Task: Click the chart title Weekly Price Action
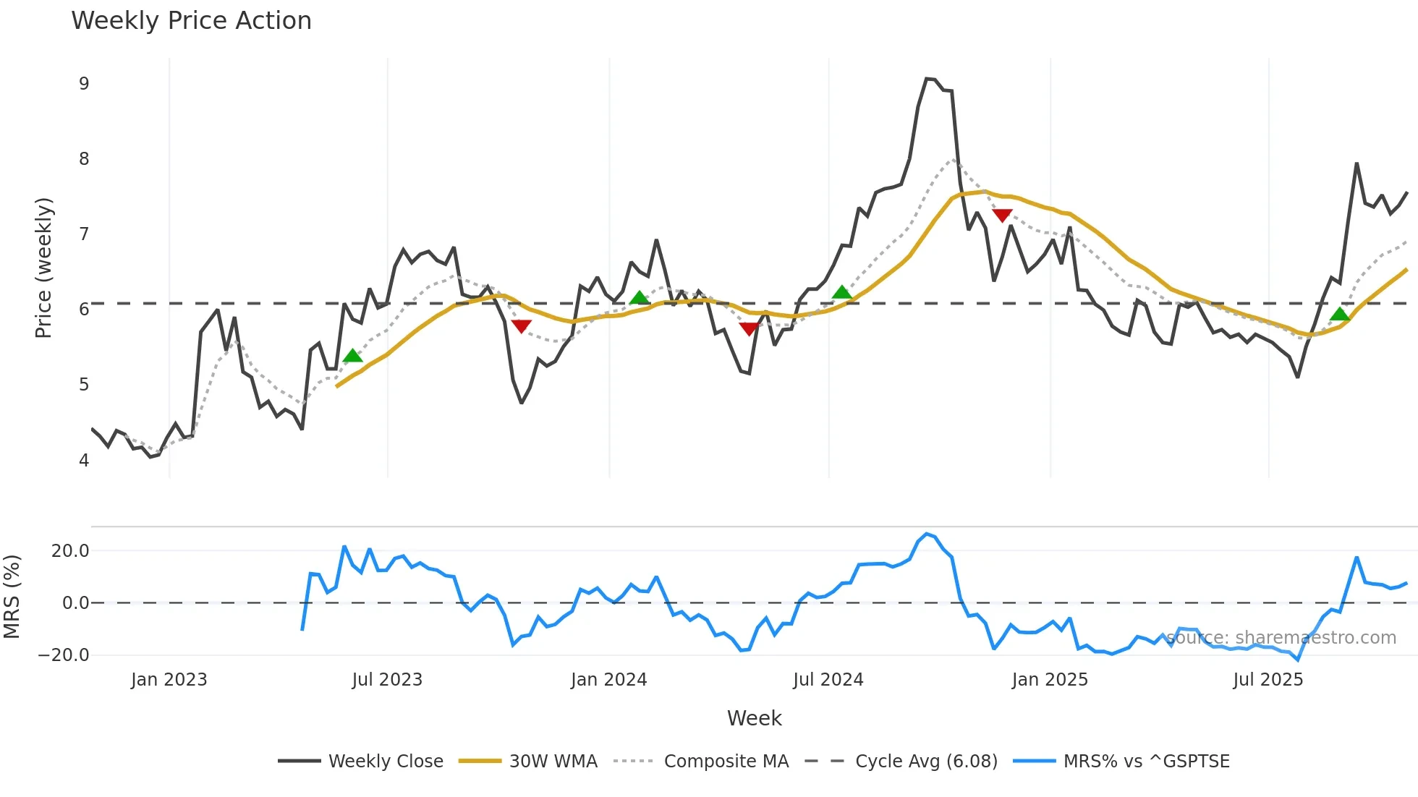pyautogui.click(x=191, y=21)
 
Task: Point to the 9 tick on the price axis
pyautogui.click(x=84, y=84)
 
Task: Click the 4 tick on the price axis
pyautogui.click(x=84, y=461)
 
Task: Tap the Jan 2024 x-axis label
pyautogui.click(x=608, y=680)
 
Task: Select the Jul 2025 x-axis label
pyautogui.click(x=1268, y=680)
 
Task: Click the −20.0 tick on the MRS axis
pyautogui.click(x=64, y=655)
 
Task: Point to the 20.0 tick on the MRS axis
pyautogui.click(x=70, y=551)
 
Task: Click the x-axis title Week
pyautogui.click(x=754, y=718)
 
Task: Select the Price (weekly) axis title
pyautogui.click(x=43, y=268)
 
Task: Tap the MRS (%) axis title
pyautogui.click(x=12, y=597)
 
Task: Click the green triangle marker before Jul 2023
pyautogui.click(x=352, y=356)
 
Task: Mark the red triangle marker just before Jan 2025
pyautogui.click(x=1002, y=216)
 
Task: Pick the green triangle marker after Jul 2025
pyautogui.click(x=1340, y=314)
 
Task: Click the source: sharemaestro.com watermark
pyautogui.click(x=1281, y=638)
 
